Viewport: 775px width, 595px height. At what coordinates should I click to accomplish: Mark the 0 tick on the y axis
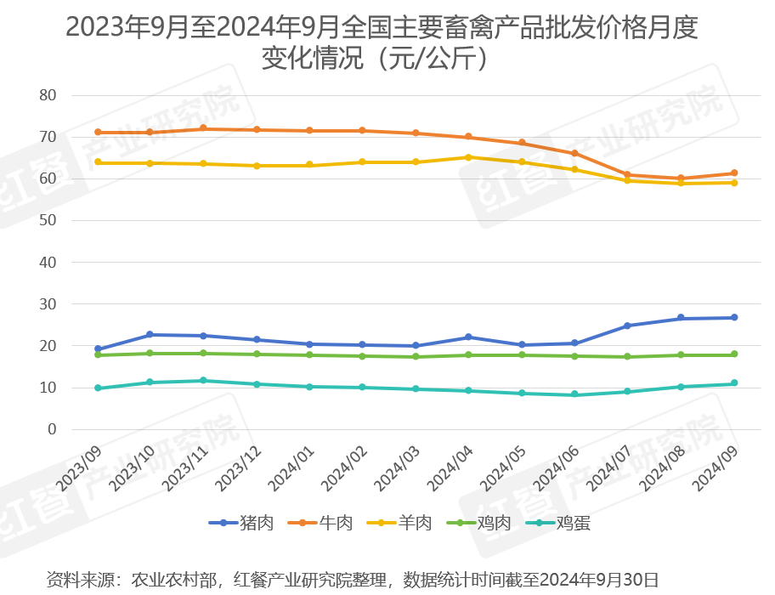[x=52, y=430]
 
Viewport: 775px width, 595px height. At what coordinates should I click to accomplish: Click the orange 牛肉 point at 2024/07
[x=628, y=175]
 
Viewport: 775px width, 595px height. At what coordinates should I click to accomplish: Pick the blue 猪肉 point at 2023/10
[x=150, y=335]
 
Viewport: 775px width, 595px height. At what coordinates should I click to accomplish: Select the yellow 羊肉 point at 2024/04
[x=468, y=157]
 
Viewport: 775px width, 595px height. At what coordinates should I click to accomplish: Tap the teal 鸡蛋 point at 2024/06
[x=574, y=394]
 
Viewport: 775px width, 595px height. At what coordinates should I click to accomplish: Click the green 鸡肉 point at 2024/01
[x=309, y=354]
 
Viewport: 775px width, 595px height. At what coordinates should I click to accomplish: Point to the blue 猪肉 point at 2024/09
[x=734, y=318]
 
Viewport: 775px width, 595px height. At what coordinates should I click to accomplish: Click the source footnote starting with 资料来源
[x=352, y=580]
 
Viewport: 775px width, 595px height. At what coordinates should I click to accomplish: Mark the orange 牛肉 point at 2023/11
[x=203, y=128]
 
